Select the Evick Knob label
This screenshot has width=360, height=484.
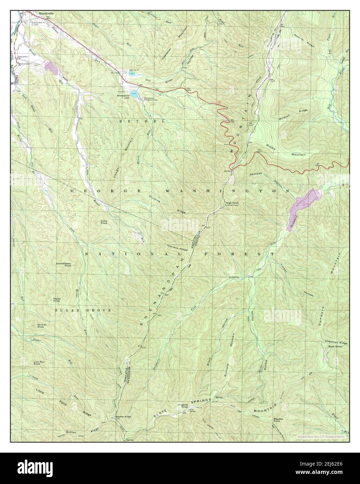(104, 221)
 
